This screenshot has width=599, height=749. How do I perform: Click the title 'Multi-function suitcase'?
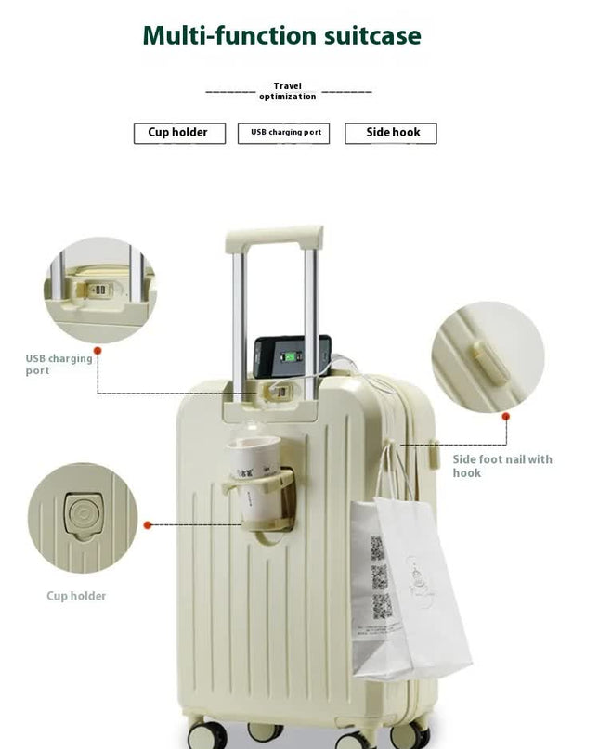pyautogui.click(x=281, y=36)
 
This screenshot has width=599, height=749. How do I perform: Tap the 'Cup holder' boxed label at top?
pyautogui.click(x=178, y=133)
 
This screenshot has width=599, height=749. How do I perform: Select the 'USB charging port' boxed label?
pyautogui.click(x=284, y=133)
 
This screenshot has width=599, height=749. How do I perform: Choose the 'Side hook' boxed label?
pyautogui.click(x=392, y=133)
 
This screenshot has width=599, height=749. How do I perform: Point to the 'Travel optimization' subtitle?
pyautogui.click(x=287, y=91)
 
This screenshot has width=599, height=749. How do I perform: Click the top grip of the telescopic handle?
pyautogui.click(x=274, y=238)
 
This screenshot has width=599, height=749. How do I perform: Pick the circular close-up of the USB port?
pyautogui.click(x=99, y=290)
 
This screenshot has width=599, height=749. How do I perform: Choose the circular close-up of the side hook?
pyautogui.click(x=488, y=357)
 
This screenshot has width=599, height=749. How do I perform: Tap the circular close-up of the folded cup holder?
pyautogui.click(x=82, y=518)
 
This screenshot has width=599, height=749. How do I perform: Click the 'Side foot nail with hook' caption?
pyautogui.click(x=501, y=466)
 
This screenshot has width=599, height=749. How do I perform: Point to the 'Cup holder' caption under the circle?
pyautogui.click(x=76, y=596)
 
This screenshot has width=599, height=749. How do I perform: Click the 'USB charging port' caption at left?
pyautogui.click(x=59, y=365)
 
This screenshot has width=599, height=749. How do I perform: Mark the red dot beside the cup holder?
pyautogui.click(x=147, y=524)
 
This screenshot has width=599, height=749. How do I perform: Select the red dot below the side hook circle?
pyautogui.click(x=506, y=417)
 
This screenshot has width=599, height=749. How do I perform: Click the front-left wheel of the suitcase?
pyautogui.click(x=207, y=732)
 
